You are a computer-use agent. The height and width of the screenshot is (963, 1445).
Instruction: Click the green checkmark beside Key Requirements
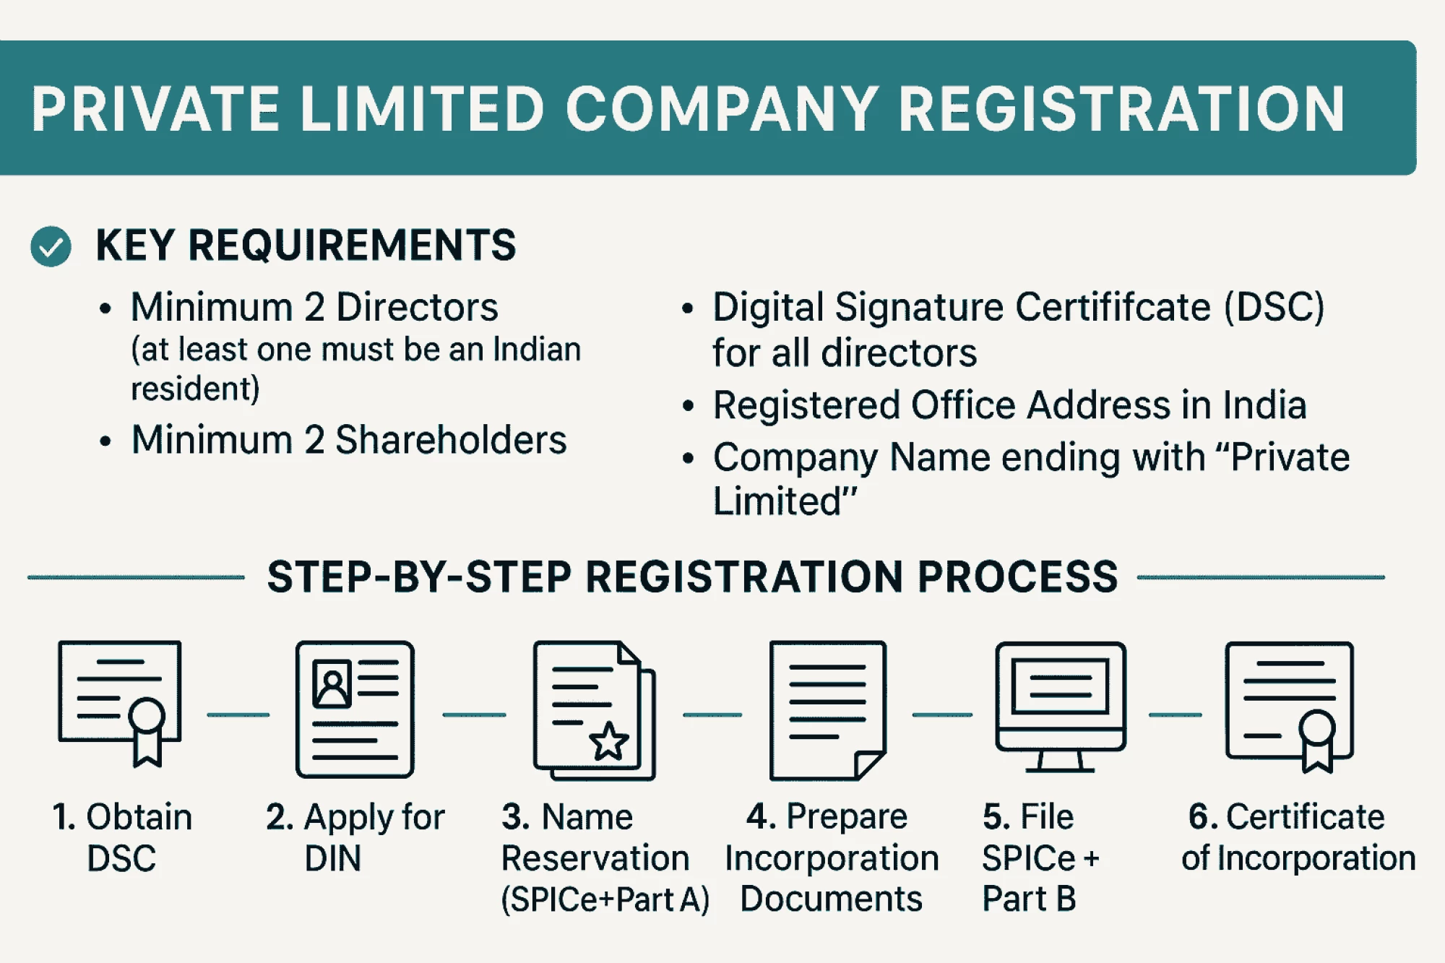click(51, 246)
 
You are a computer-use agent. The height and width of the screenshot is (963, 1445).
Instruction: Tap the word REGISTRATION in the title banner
click(1121, 109)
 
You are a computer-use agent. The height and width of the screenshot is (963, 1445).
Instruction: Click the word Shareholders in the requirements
click(451, 440)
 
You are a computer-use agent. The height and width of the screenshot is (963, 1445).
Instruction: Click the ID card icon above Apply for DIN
click(355, 709)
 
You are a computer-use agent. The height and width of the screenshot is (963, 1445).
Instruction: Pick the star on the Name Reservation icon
click(609, 741)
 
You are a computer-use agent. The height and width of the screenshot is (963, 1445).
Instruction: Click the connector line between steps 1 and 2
click(238, 714)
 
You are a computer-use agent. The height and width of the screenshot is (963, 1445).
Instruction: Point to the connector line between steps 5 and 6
click(1176, 714)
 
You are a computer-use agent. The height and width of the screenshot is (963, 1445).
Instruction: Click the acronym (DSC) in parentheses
click(1274, 307)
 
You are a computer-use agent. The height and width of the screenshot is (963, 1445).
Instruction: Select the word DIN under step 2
click(332, 859)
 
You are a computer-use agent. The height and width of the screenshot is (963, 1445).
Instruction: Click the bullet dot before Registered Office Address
click(688, 406)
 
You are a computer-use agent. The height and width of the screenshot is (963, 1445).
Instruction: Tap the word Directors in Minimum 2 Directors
click(418, 307)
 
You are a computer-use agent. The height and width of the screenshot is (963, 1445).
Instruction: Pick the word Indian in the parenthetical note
click(538, 350)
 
